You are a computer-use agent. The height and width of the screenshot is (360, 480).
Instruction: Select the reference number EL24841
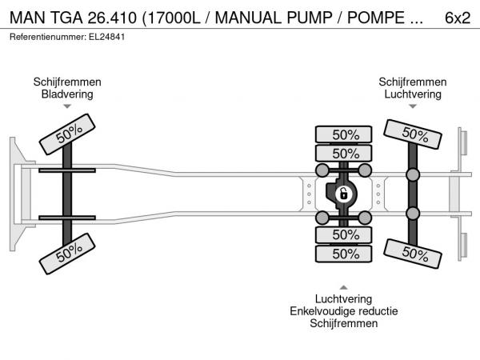100,38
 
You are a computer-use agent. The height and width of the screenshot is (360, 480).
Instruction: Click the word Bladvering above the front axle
67,94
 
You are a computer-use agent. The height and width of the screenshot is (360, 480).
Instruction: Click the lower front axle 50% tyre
67,255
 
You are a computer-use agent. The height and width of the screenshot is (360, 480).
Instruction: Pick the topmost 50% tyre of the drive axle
345,134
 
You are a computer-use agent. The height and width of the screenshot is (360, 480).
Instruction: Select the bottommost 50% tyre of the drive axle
345,254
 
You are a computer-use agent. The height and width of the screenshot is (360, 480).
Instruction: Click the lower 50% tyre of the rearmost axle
413,254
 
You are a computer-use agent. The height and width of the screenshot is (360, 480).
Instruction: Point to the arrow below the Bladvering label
67,107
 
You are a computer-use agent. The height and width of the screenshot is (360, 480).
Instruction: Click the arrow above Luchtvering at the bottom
344,286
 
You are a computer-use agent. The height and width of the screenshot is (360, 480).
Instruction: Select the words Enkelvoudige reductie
344,311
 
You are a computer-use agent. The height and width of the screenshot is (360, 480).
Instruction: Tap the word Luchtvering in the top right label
412,94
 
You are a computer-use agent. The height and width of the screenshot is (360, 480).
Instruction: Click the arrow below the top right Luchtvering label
412,107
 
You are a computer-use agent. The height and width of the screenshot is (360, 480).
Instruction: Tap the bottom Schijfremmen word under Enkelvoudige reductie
344,323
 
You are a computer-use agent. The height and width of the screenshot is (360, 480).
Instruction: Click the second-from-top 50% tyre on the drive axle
345,154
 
